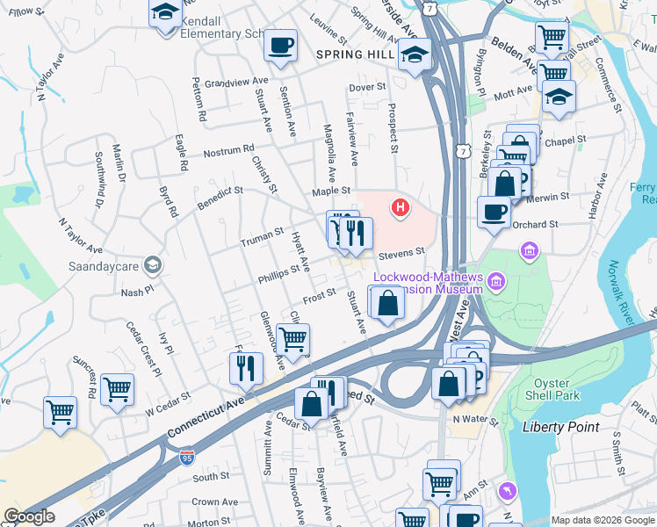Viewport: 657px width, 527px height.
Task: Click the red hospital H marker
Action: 401,208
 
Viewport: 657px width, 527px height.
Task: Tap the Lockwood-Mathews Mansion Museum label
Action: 428,283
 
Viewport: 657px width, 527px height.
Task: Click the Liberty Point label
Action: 560,427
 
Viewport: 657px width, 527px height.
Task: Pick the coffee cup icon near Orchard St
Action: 494,213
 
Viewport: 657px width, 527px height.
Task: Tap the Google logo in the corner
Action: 28,516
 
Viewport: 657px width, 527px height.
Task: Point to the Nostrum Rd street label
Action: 228,151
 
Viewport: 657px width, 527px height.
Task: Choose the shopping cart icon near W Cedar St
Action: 117,388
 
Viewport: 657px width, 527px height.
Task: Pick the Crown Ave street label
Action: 215,502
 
